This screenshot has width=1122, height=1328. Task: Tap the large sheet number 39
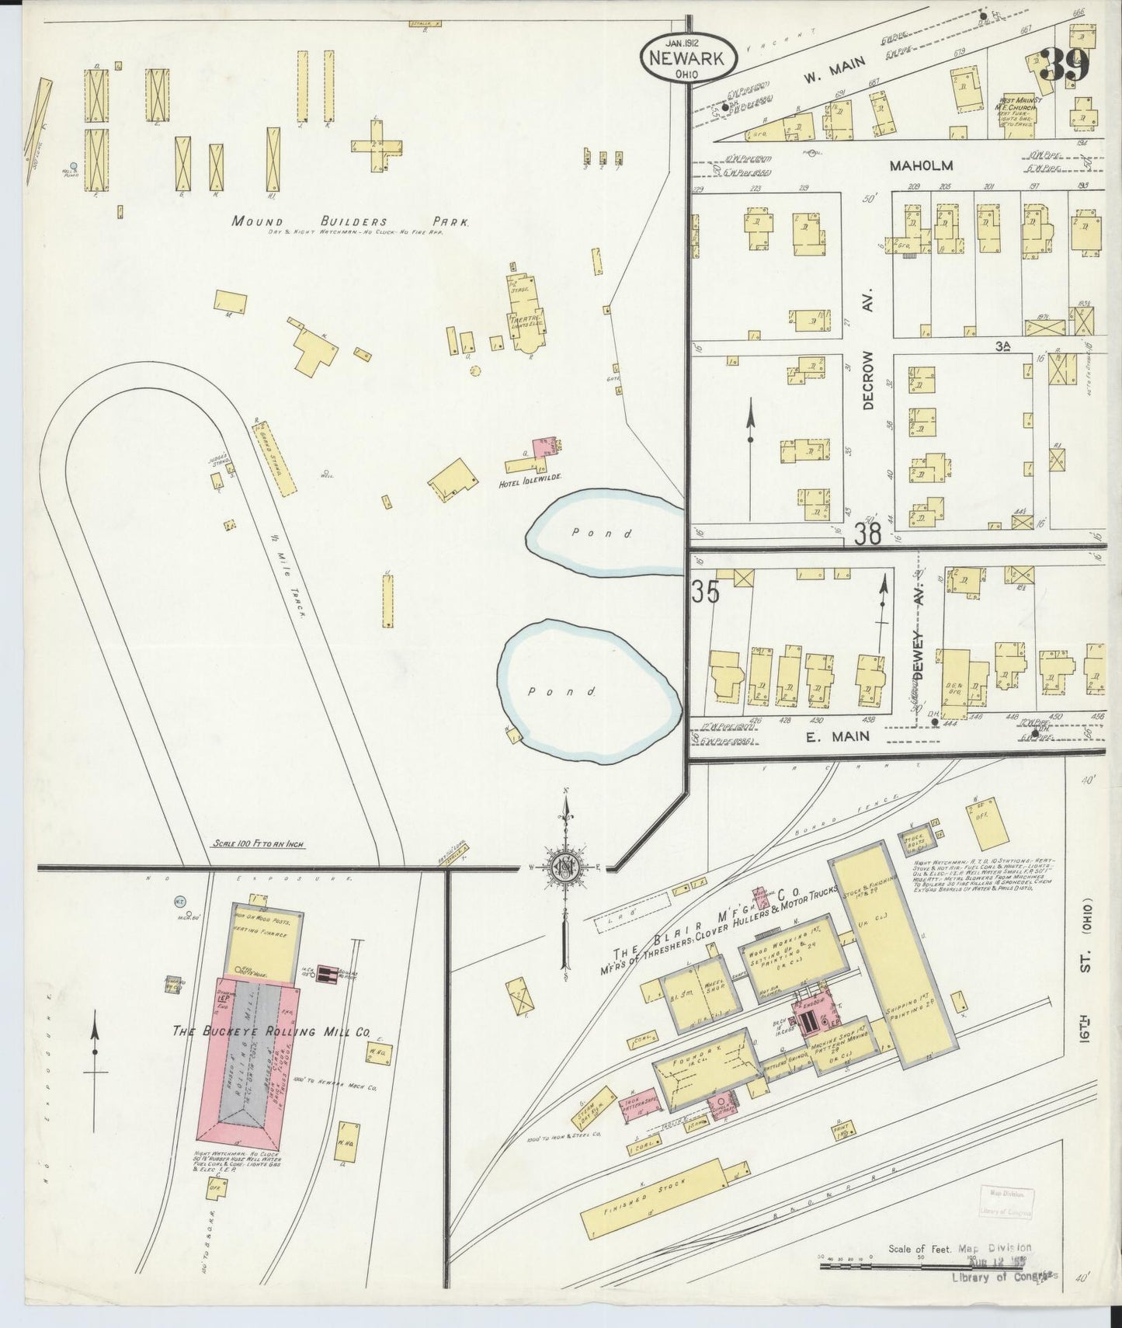point(1065,65)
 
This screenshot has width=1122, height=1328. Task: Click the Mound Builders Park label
point(350,221)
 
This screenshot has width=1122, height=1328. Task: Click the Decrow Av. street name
point(868,380)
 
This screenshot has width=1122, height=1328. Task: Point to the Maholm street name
point(921,165)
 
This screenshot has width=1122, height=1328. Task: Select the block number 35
point(706,591)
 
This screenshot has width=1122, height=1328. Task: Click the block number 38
point(868,533)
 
